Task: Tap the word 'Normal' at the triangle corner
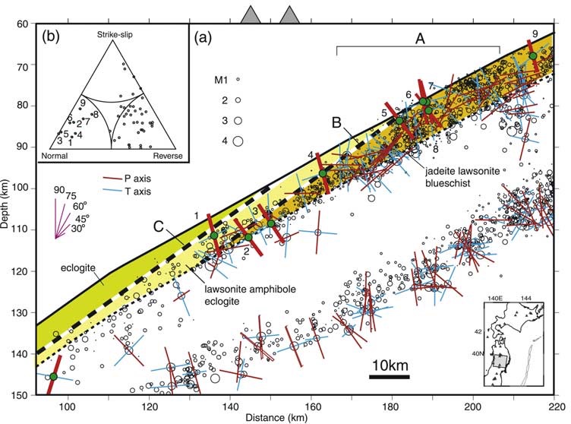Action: pyautogui.click(x=55, y=155)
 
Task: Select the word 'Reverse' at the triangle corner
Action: pyautogui.click(x=168, y=155)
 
